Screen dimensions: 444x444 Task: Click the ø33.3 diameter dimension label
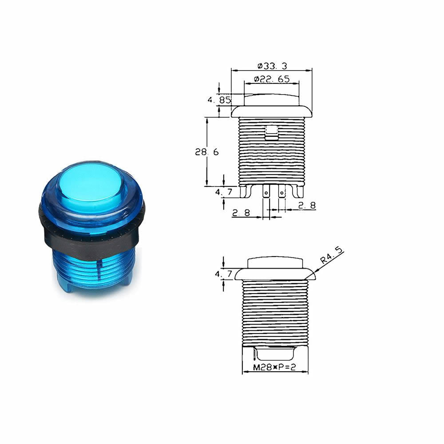[272, 66]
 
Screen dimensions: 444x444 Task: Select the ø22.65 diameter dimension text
[272, 79]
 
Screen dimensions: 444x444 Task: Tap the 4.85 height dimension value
[219, 100]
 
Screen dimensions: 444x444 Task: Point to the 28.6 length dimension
[207, 152]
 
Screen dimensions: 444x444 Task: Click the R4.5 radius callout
[331, 255]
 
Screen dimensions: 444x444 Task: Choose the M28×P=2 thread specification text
[274, 367]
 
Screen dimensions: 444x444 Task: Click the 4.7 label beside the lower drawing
[223, 274]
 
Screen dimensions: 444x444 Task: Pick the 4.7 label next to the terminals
[224, 192]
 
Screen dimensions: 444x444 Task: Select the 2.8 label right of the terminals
[307, 205]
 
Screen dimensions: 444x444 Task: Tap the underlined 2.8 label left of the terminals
[241, 213]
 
